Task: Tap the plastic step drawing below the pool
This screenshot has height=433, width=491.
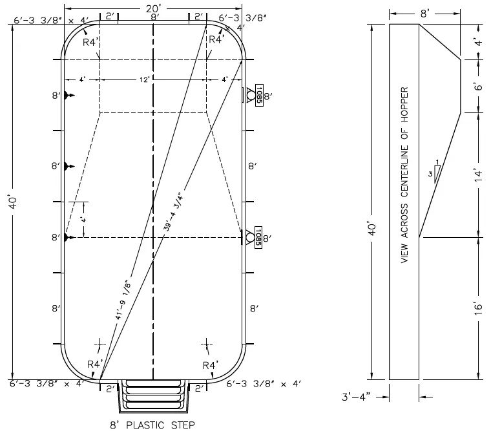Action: pos(153,396)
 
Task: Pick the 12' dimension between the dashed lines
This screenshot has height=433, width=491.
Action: pos(152,79)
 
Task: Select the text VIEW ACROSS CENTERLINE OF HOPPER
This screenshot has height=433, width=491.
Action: pos(404,174)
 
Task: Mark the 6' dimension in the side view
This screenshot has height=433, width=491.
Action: pos(477,86)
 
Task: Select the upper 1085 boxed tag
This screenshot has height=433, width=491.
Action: pos(259,95)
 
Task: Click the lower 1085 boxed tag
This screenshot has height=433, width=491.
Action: pos(259,237)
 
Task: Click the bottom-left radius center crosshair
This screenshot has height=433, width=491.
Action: pos(99,343)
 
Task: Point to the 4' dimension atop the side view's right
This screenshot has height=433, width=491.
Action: pos(477,41)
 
